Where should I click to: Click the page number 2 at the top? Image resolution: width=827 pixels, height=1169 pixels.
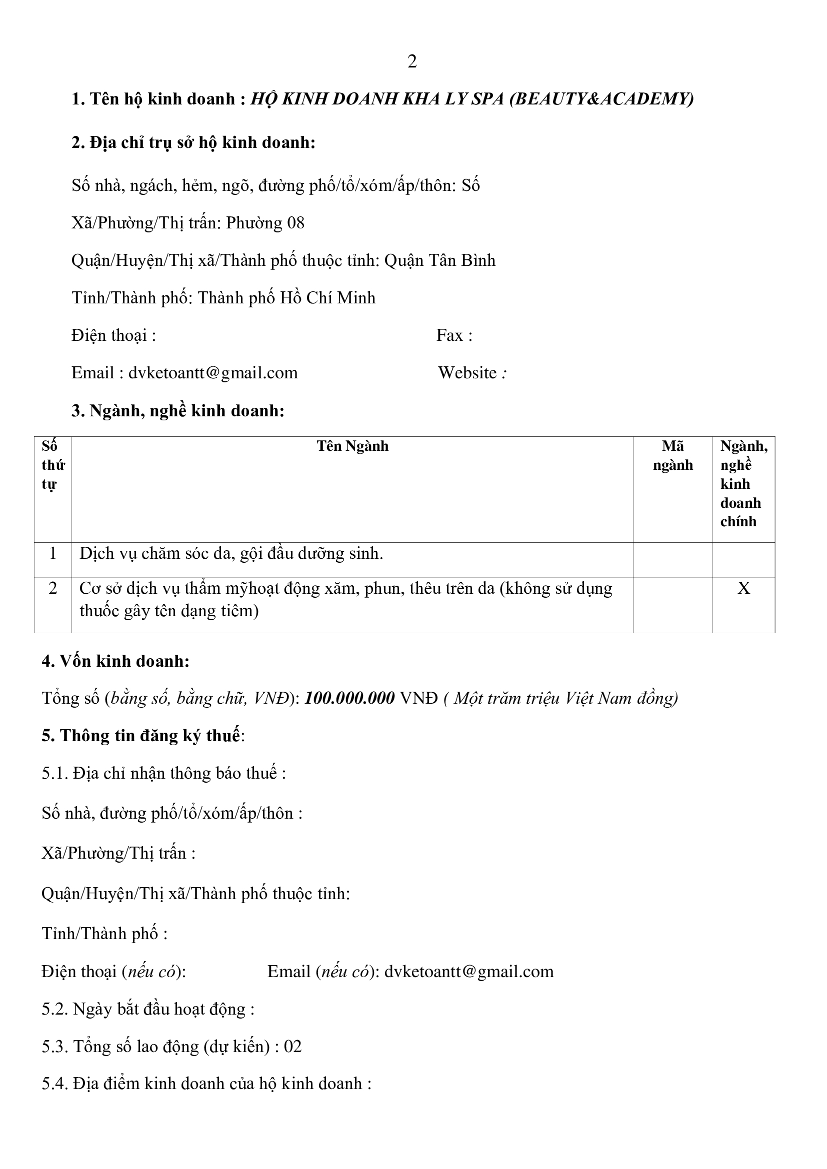pyautogui.click(x=412, y=61)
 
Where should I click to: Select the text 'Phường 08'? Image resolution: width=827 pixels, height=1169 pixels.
pyautogui.click(x=265, y=223)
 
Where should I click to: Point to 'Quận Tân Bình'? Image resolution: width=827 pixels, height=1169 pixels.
pyautogui.click(x=440, y=261)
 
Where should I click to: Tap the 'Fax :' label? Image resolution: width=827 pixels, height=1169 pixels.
pyautogui.click(x=454, y=335)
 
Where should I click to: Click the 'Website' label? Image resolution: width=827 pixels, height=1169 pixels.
pyautogui.click(x=467, y=373)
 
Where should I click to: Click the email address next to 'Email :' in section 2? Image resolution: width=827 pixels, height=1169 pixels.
pyautogui.click(x=213, y=373)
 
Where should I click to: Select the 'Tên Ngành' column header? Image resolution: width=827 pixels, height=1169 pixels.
pyautogui.click(x=352, y=446)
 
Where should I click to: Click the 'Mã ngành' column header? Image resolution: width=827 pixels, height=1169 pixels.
pyautogui.click(x=672, y=456)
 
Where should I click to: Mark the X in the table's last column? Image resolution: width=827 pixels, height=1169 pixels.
pyautogui.click(x=743, y=589)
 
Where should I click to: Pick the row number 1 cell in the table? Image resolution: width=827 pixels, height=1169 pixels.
pyautogui.click(x=53, y=553)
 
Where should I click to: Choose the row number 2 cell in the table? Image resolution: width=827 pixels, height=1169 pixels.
pyautogui.click(x=53, y=589)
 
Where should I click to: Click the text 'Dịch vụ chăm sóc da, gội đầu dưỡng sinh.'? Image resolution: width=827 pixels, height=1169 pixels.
pyautogui.click(x=231, y=553)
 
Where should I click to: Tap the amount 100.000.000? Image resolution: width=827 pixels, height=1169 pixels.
pyautogui.click(x=349, y=698)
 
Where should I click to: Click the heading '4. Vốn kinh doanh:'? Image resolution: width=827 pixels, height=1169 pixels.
pyautogui.click(x=115, y=661)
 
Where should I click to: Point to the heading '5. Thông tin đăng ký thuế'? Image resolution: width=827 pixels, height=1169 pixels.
pyautogui.click(x=141, y=736)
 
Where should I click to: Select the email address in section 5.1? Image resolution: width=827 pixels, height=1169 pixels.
pyautogui.click(x=469, y=972)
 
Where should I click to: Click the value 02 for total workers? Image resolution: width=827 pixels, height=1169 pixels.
pyautogui.click(x=293, y=1046)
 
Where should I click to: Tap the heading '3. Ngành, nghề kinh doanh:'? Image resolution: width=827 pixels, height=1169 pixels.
pyautogui.click(x=177, y=410)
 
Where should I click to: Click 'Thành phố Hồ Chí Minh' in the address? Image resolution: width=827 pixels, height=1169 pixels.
pyautogui.click(x=286, y=298)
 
